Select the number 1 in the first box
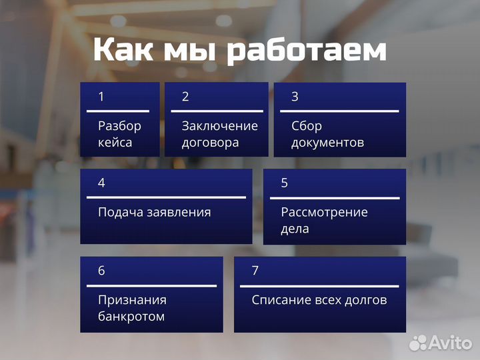pos(101,97)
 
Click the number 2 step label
pos(185,97)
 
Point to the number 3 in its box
pos(295,97)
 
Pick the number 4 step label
pos(101,183)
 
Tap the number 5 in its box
pos(285,183)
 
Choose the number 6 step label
pos(101,271)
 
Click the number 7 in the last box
pos(255,271)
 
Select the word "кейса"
pos(115,143)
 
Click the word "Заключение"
pos(219,126)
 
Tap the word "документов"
pos(327,143)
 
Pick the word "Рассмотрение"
pos(324,213)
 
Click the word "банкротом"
pos(131,317)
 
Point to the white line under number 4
pos(166,197)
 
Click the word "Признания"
pos(132,300)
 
